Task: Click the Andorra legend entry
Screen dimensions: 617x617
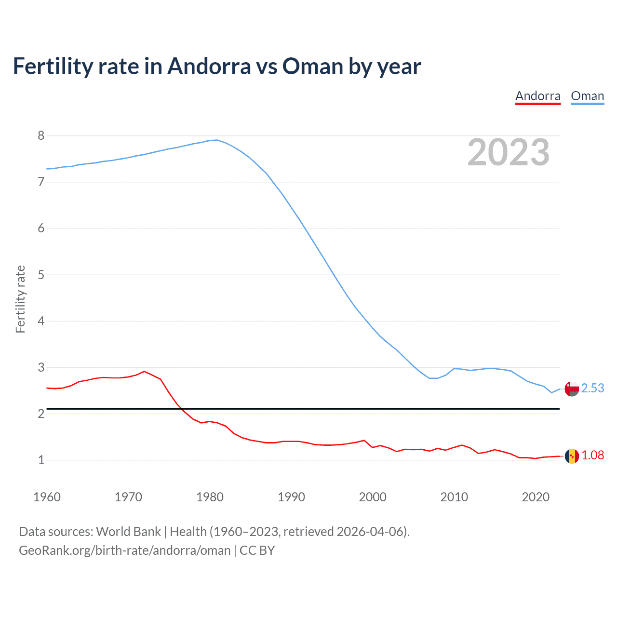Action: [x=537, y=96]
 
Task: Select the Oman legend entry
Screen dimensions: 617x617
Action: [x=587, y=96]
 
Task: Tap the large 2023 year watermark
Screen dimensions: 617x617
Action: [x=508, y=152]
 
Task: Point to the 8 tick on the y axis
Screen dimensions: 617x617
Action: [x=41, y=135]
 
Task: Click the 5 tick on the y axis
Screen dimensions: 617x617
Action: [x=41, y=275]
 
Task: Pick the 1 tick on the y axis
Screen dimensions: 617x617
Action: [x=41, y=460]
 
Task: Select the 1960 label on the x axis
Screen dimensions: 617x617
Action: [x=47, y=497]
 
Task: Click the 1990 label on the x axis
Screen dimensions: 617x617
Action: [x=291, y=497]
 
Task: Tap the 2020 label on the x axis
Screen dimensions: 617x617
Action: [x=536, y=497]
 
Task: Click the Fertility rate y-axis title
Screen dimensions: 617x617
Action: [x=20, y=299]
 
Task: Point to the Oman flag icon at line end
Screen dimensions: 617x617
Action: [x=572, y=389]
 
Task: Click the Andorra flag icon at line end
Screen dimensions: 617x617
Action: [x=572, y=456]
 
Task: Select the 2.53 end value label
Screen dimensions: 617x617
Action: [x=592, y=388]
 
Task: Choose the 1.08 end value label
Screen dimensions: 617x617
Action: [x=592, y=455]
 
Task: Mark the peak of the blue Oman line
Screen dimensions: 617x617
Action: [x=217, y=140]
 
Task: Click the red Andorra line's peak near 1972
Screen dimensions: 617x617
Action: [x=144, y=371]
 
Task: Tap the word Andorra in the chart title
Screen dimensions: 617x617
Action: [x=209, y=66]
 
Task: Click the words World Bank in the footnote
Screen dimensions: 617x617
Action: [x=128, y=532]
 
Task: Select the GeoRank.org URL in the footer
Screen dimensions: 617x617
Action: [x=124, y=550]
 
